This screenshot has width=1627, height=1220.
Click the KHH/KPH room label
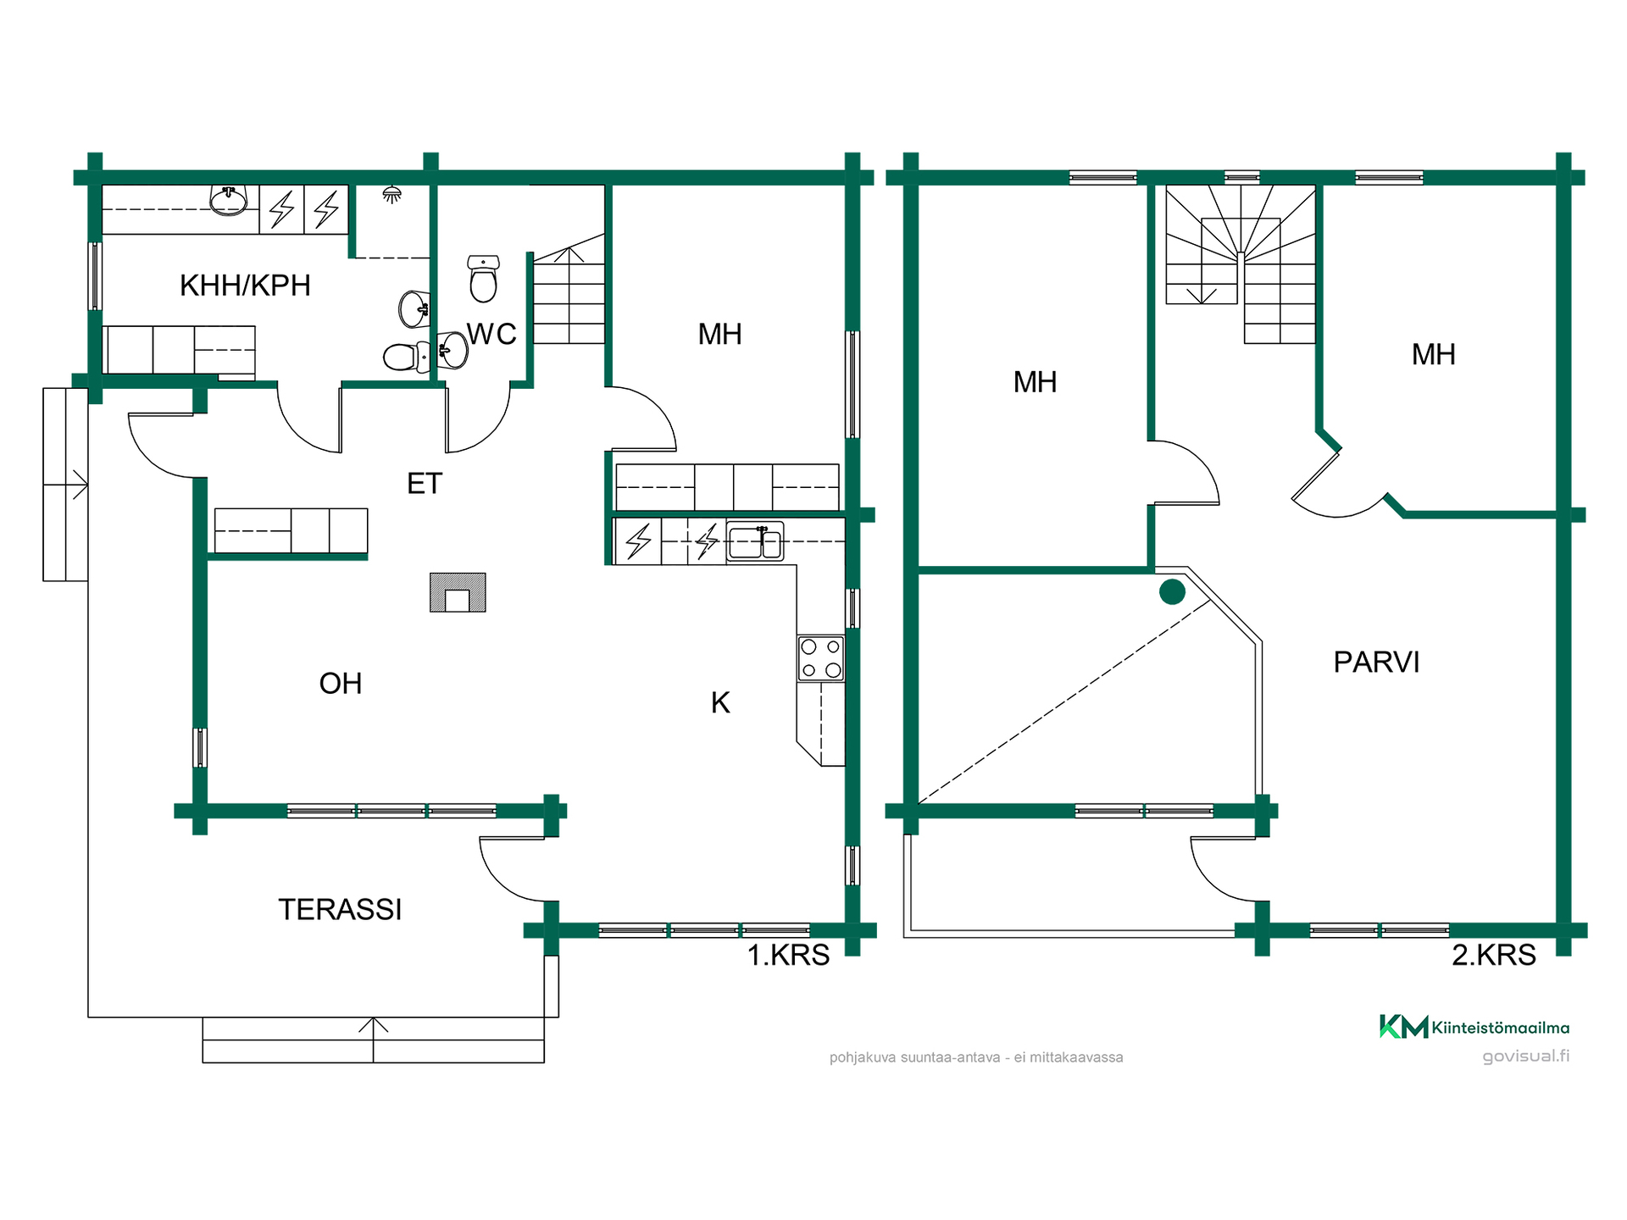245,286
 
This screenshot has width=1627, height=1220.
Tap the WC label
491,334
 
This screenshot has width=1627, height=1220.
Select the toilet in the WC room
484,279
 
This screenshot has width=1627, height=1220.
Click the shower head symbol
391,195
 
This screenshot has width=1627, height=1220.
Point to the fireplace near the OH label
458,592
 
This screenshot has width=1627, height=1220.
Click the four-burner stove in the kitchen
821,658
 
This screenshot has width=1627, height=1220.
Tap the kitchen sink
755,542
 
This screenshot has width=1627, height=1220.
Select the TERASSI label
340,909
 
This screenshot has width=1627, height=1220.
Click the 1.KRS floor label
788,955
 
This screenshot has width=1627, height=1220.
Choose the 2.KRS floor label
1494,955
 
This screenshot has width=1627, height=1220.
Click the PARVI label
1376,662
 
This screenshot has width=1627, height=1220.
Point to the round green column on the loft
1172,592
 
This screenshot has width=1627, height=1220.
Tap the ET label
425,484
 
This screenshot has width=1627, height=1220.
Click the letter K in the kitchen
720,702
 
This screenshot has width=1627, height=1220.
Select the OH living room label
341,684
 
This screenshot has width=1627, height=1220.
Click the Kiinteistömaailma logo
1474,1027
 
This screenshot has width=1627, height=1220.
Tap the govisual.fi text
1526,1056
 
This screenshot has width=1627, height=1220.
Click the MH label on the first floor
719,335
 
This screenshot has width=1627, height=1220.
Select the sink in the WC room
453,350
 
